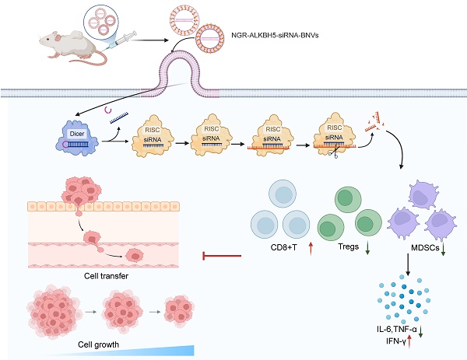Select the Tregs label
346,247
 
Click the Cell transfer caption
101,274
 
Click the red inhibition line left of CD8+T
222,253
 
